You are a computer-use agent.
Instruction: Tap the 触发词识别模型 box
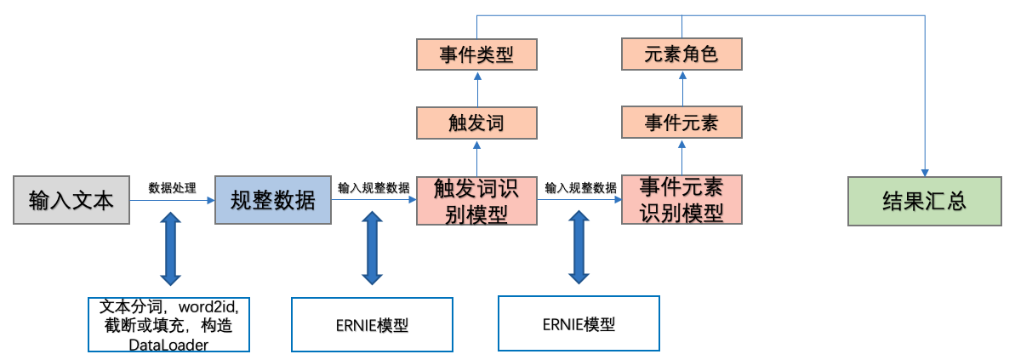(476, 200)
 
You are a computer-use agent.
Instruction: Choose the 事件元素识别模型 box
(681, 199)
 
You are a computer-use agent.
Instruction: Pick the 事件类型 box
(476, 54)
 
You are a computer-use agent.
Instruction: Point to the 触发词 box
(476, 123)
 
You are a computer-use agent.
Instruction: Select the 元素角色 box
(681, 54)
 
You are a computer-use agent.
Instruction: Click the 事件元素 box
(681, 123)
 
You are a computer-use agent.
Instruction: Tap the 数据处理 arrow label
(172, 188)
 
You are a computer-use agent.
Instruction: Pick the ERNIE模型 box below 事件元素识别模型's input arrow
(578, 323)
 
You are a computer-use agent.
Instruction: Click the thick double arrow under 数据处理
(171, 249)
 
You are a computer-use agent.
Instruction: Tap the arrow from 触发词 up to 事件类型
(477, 89)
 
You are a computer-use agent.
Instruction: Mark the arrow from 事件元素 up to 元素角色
(681, 89)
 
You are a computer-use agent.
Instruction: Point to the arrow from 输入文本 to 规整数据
(172, 201)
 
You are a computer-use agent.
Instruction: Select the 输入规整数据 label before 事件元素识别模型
(580, 188)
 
